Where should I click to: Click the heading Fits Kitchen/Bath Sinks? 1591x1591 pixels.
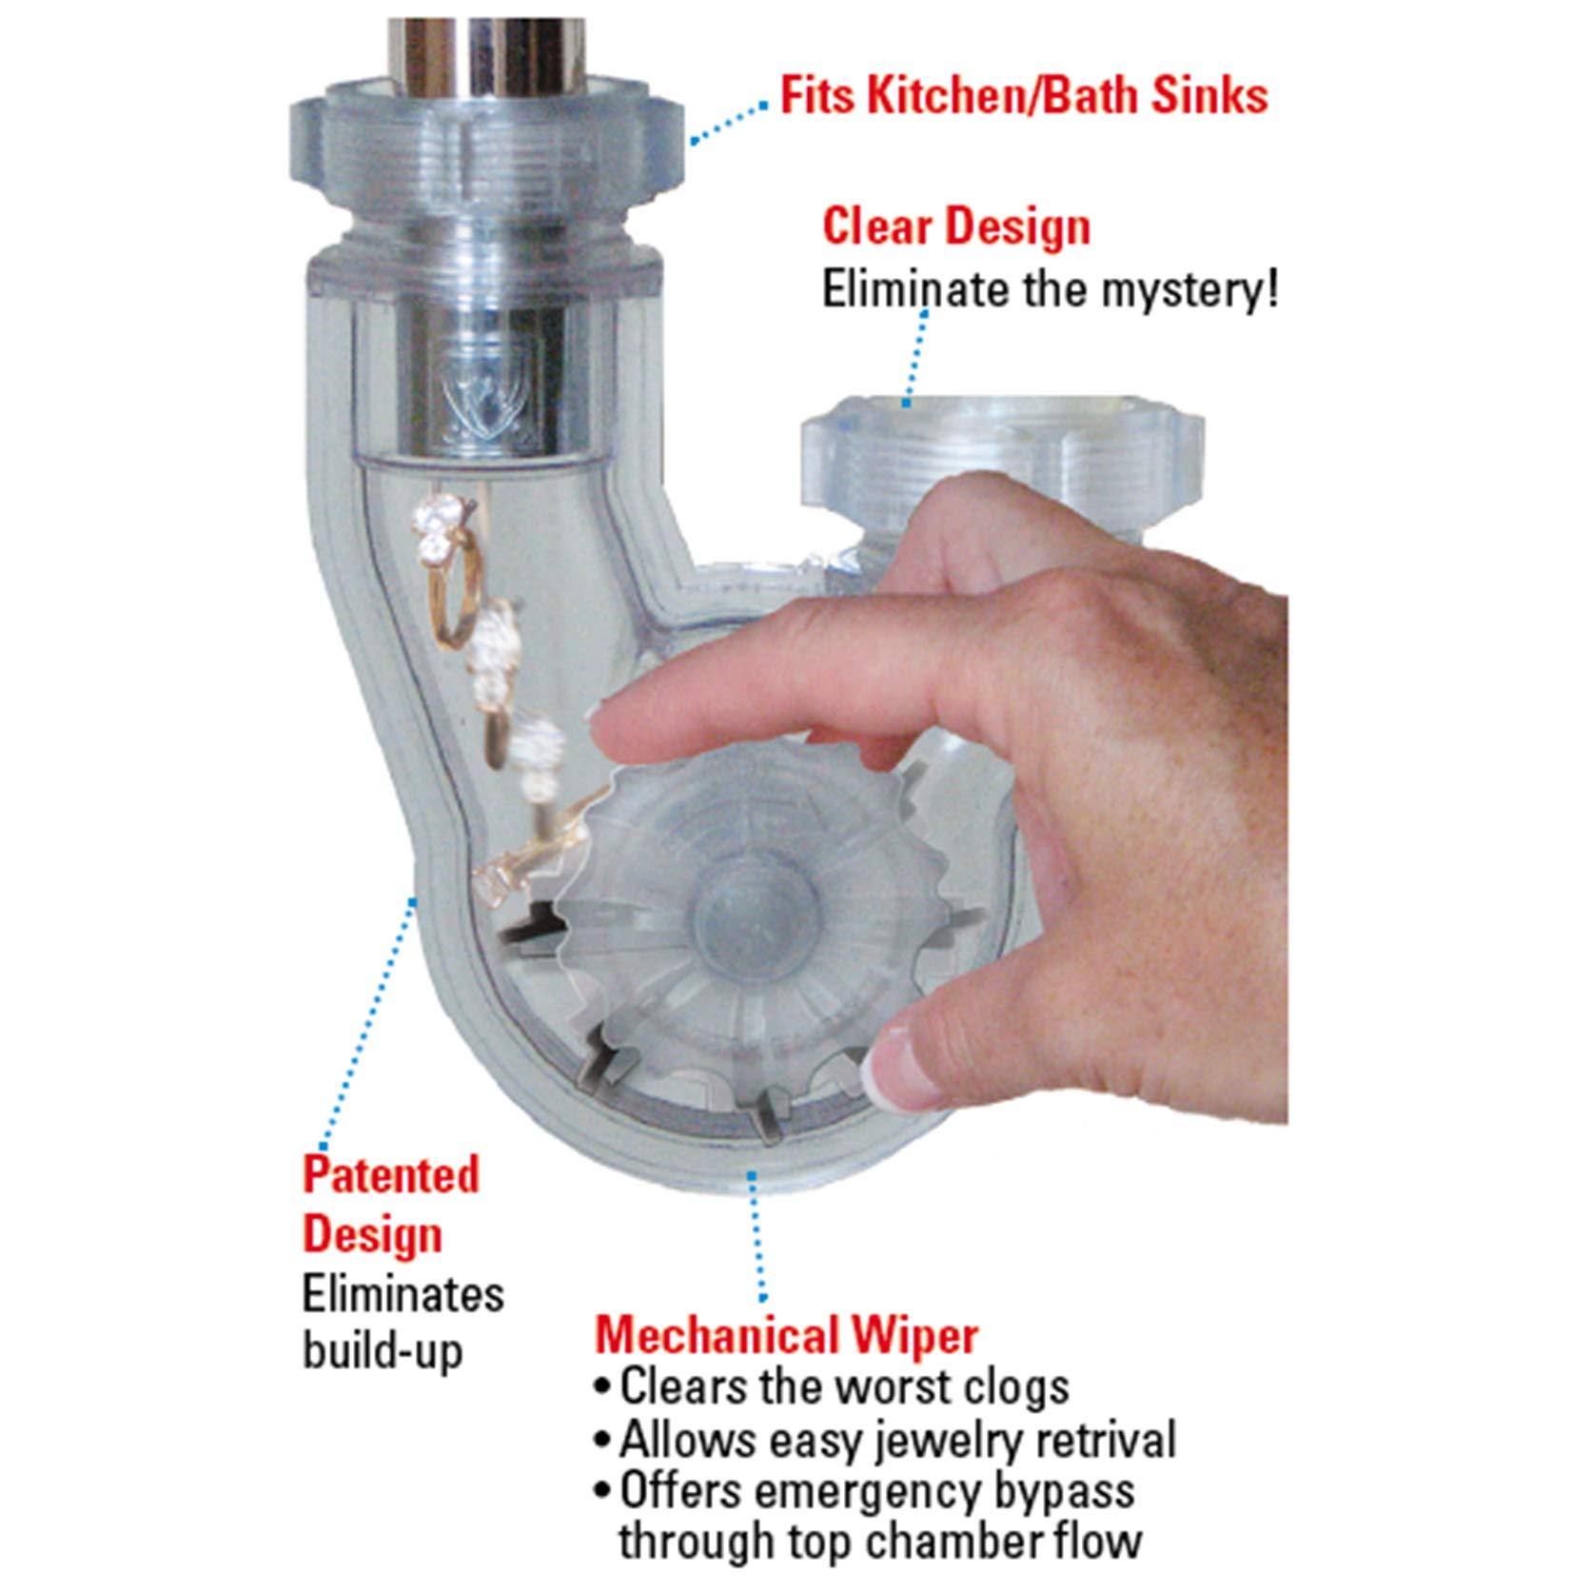[x=1024, y=96]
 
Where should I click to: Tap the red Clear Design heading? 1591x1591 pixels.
[x=956, y=226]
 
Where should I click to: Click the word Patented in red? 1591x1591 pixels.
[x=391, y=1174]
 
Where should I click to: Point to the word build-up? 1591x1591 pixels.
[x=383, y=1351]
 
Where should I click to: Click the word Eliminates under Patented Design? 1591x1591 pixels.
[x=403, y=1294]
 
